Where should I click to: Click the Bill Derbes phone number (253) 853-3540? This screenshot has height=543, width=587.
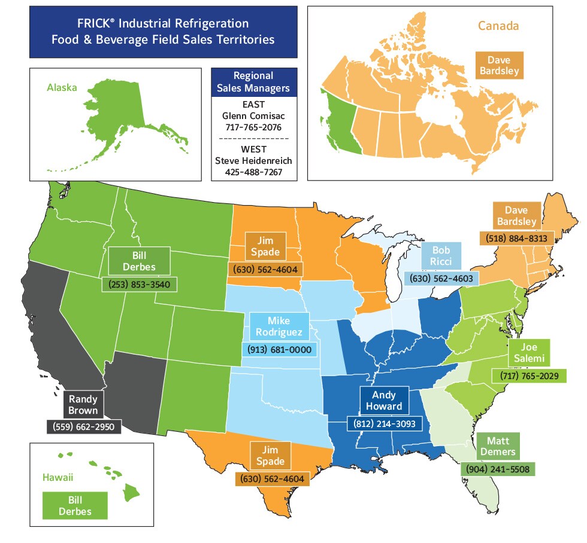pos(140,284)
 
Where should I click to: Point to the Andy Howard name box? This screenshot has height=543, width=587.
pos(383,401)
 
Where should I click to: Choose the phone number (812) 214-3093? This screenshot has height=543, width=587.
pos(384,423)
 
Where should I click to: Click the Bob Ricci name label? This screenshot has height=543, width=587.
pos(440,255)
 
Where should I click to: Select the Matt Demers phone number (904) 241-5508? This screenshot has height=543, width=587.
pos(497,469)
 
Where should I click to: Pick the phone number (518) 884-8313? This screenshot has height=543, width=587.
pos(513,238)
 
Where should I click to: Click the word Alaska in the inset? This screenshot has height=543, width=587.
pos(62,87)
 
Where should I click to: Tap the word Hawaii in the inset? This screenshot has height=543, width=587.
pos(59,477)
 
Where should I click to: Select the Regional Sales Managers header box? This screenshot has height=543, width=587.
pos(253,82)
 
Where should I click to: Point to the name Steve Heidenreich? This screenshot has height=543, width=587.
pos(253,161)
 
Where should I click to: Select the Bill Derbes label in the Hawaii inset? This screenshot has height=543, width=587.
pos(75,505)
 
